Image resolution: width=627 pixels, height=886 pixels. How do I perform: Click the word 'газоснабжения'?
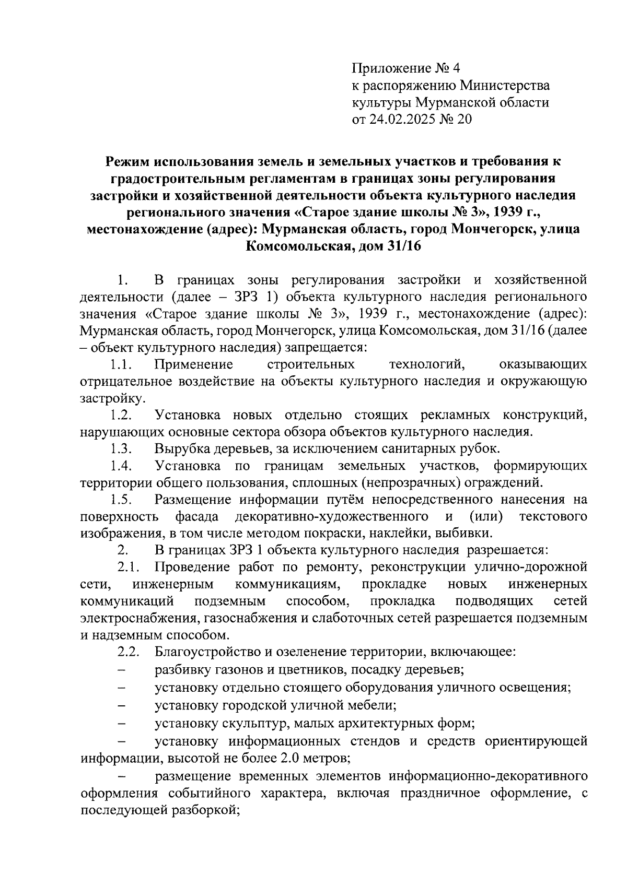coord(244,619)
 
